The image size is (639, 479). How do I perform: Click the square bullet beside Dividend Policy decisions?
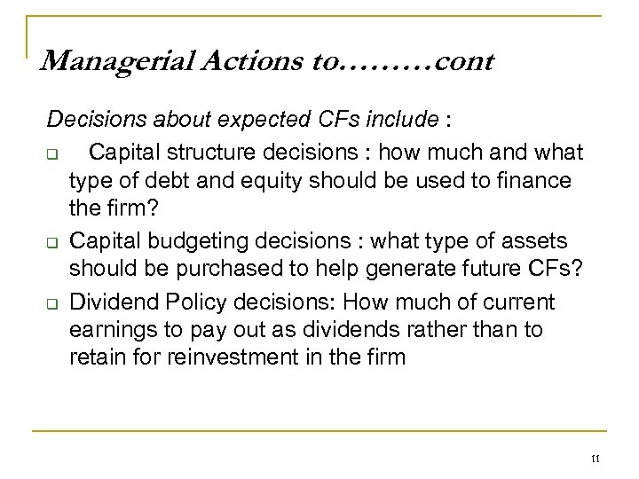pos(52,302)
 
